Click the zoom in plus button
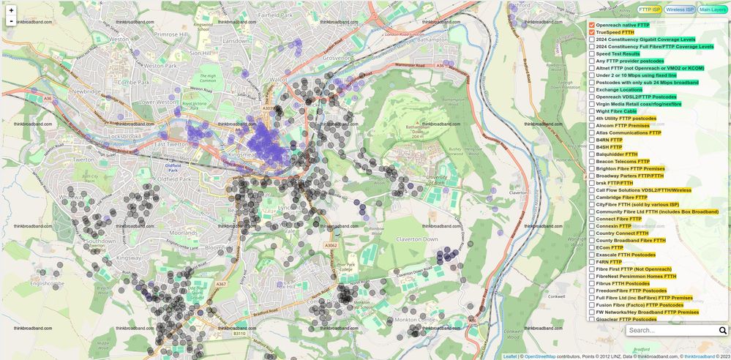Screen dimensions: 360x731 tap(11, 10)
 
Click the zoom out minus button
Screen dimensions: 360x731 tap(11, 21)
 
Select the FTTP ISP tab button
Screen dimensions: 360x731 tap(649, 10)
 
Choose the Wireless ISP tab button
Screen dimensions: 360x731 tap(679, 10)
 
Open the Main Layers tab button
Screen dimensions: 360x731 tap(712, 10)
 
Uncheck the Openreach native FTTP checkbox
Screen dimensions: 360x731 tap(592, 26)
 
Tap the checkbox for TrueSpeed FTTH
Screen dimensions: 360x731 tap(592, 33)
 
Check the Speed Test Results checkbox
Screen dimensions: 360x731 tap(592, 54)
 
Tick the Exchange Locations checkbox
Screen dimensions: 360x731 tap(592, 90)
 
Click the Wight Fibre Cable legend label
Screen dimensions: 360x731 tap(616, 111)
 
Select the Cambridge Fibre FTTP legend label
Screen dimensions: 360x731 tap(621, 198)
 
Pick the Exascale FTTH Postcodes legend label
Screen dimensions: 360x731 tap(626, 255)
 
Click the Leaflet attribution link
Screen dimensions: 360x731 tap(509, 356)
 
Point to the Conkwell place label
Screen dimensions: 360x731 tap(558, 296)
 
